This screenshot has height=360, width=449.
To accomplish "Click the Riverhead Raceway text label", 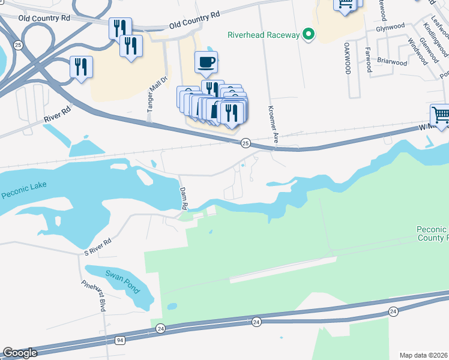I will click(263, 35).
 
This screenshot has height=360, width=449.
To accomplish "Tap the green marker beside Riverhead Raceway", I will click(309, 34).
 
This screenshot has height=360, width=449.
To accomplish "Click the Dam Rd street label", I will click(184, 198).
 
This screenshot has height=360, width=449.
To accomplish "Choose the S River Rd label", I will click(98, 245).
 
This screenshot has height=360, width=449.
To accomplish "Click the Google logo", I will click(20, 353).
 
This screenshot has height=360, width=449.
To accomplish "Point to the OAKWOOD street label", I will click(348, 58).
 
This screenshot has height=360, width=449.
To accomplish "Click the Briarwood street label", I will click(392, 62).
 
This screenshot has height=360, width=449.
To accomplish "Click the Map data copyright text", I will click(424, 355).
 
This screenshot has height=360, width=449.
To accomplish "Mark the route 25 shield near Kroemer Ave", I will click(246, 143).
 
